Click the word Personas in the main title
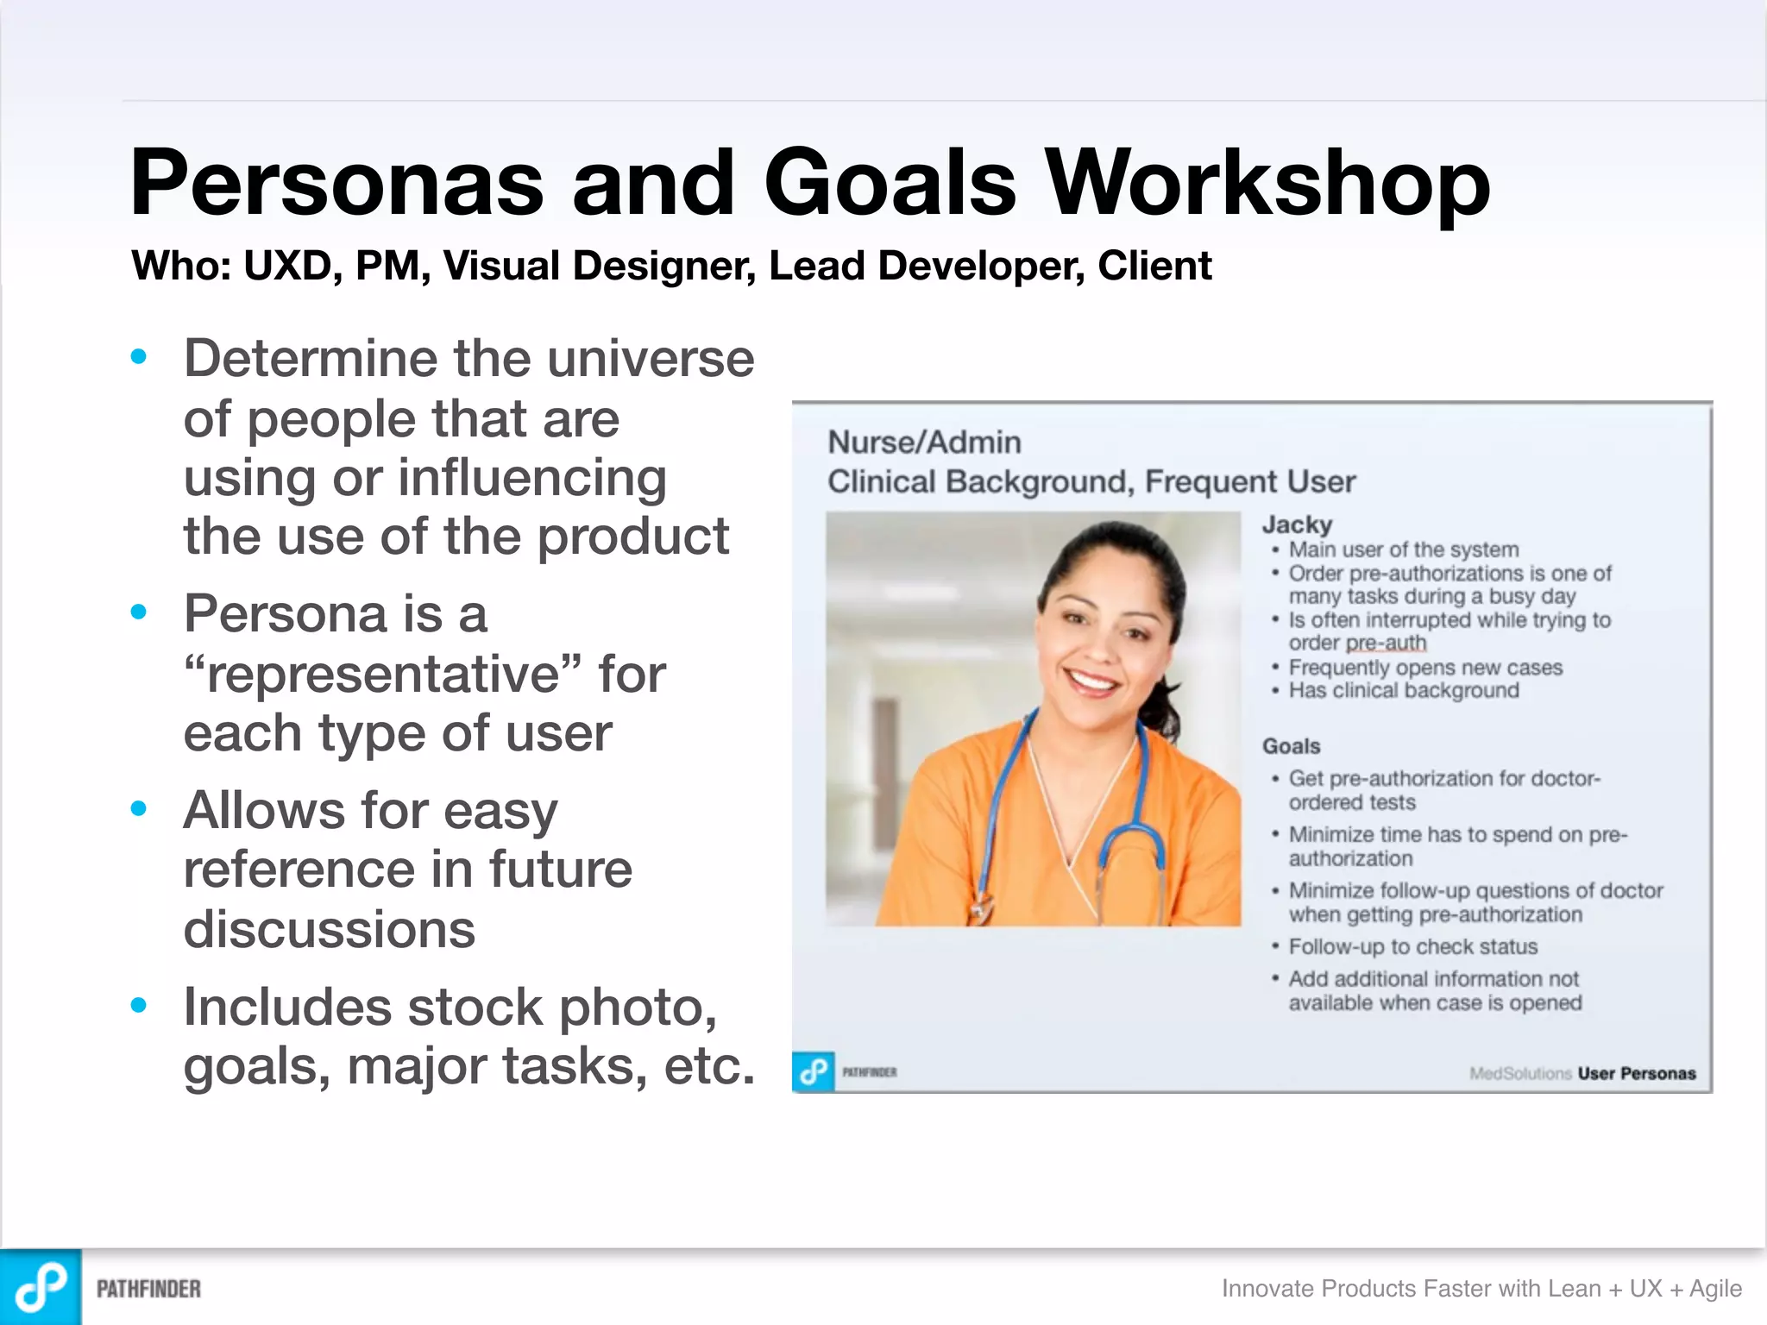336,183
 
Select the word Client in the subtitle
1154,266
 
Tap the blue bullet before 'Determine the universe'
139,356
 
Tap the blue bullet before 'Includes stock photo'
139,1005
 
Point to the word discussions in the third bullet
329,929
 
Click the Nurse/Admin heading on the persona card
924,443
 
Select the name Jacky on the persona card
1297,524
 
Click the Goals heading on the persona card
1291,746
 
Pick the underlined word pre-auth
1386,644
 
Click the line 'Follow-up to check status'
1412,947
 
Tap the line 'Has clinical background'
1403,691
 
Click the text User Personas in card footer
1637,1074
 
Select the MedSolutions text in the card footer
1520,1074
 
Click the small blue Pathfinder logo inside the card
813,1072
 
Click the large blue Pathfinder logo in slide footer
41,1287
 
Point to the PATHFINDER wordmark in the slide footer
148,1289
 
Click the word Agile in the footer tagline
1715,1289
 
